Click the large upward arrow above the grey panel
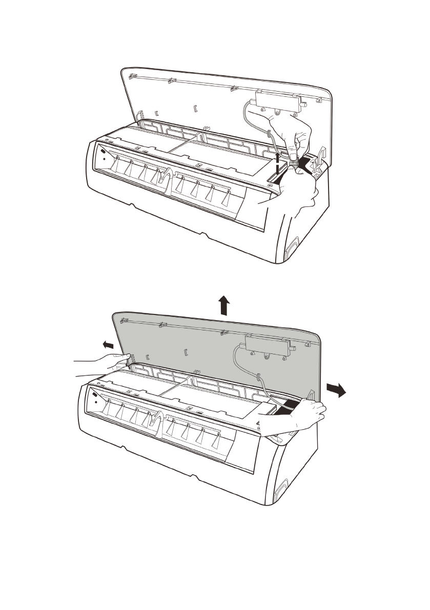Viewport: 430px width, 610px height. (x=223, y=306)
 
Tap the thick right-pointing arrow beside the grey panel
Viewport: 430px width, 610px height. (x=336, y=390)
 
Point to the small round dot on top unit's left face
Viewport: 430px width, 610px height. (x=104, y=159)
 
